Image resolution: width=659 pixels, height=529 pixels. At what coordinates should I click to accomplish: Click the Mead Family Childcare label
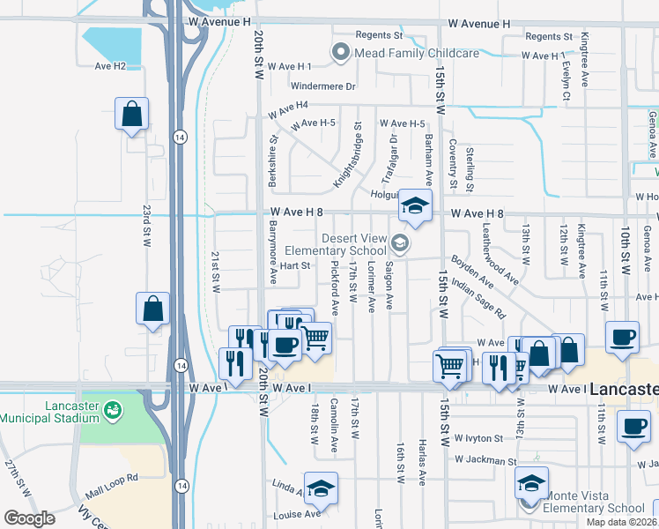pyautogui.click(x=417, y=53)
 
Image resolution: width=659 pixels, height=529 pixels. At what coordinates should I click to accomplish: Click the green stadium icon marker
pyautogui.click(x=112, y=410)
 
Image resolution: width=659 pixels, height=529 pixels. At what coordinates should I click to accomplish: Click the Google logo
pyautogui.click(x=29, y=518)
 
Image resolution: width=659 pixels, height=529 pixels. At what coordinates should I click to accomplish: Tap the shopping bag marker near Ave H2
pyautogui.click(x=131, y=114)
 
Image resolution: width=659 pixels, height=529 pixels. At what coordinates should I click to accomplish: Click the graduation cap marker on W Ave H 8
pyautogui.click(x=415, y=206)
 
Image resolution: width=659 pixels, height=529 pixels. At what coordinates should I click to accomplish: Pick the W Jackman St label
pyautogui.click(x=485, y=460)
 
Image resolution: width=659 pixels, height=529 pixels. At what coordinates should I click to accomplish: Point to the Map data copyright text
pyautogui.click(x=621, y=522)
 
